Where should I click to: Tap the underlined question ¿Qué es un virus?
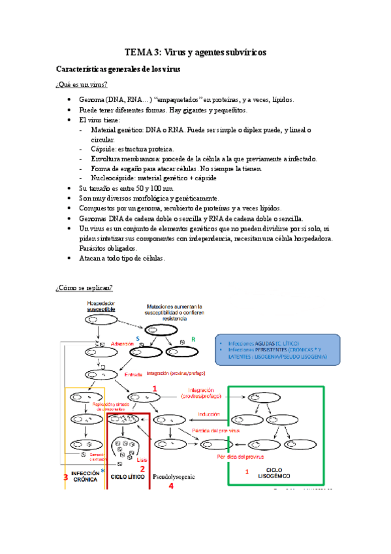tap(82, 86)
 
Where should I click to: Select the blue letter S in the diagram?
tap(138, 338)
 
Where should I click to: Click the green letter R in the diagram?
tap(193, 338)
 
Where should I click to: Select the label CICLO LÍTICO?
tap(127, 478)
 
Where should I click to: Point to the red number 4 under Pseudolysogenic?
tap(171, 486)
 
